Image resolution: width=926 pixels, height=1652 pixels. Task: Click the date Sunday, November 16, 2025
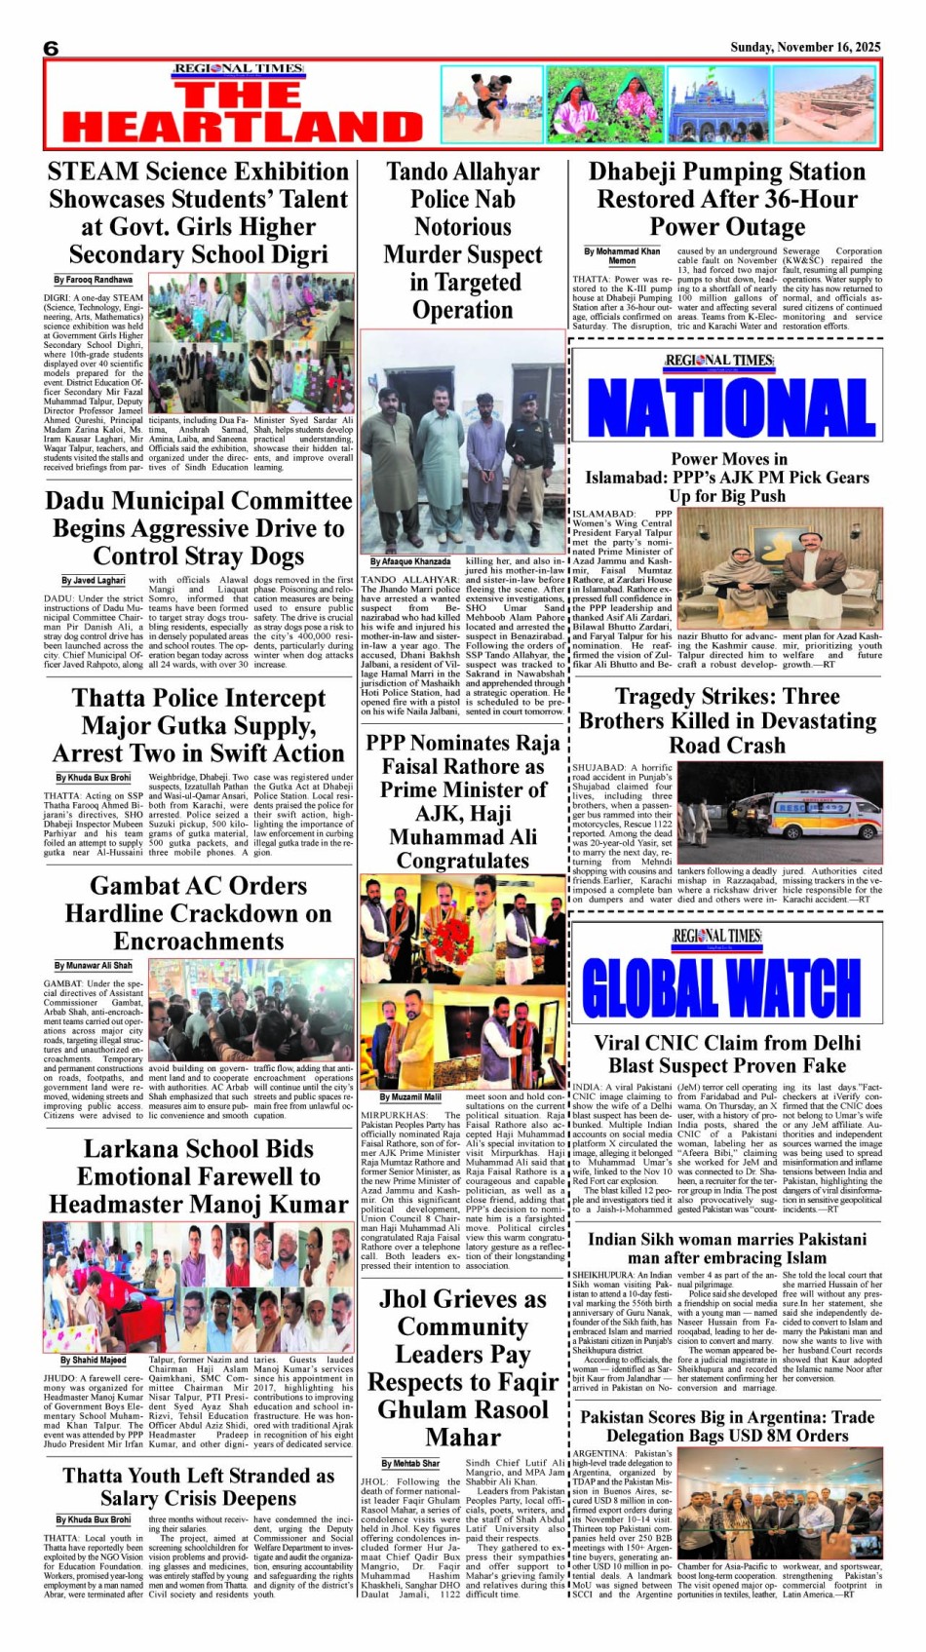(x=805, y=47)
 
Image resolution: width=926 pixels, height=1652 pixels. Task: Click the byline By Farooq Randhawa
(x=94, y=280)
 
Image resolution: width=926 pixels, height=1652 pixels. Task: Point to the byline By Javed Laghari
(x=94, y=580)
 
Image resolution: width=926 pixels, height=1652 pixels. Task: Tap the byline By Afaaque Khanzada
(x=410, y=561)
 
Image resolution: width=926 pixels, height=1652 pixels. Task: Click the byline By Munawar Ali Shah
(x=94, y=965)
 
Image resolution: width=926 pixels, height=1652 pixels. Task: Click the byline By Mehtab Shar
(x=410, y=1463)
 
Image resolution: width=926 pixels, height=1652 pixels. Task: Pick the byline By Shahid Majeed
(x=94, y=1360)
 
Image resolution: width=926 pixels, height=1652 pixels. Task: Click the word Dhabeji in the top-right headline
(x=640, y=172)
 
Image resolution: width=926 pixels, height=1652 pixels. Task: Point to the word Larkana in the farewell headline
(x=133, y=1149)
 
